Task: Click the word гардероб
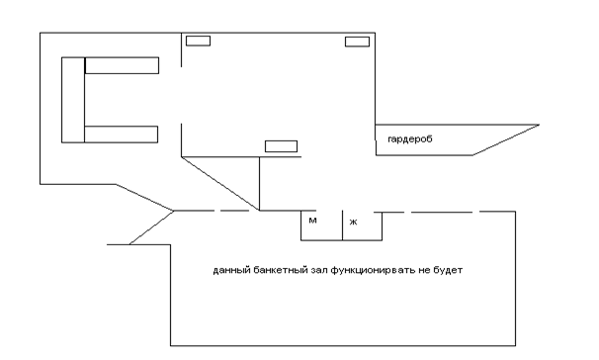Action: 410,139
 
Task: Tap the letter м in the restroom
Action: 312,221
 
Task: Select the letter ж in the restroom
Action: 353,222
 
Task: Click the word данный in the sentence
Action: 232,270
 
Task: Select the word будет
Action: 448,270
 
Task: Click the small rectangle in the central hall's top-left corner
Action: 198,41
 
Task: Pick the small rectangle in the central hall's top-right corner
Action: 357,42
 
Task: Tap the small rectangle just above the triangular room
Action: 281,146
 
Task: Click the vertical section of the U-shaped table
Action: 73,100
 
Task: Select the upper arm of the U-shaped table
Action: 122,65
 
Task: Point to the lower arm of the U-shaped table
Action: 122,135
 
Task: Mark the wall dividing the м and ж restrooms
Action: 342,225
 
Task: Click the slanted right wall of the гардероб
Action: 506,139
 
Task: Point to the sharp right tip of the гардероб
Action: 539,125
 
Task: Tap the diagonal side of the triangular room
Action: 220,183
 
